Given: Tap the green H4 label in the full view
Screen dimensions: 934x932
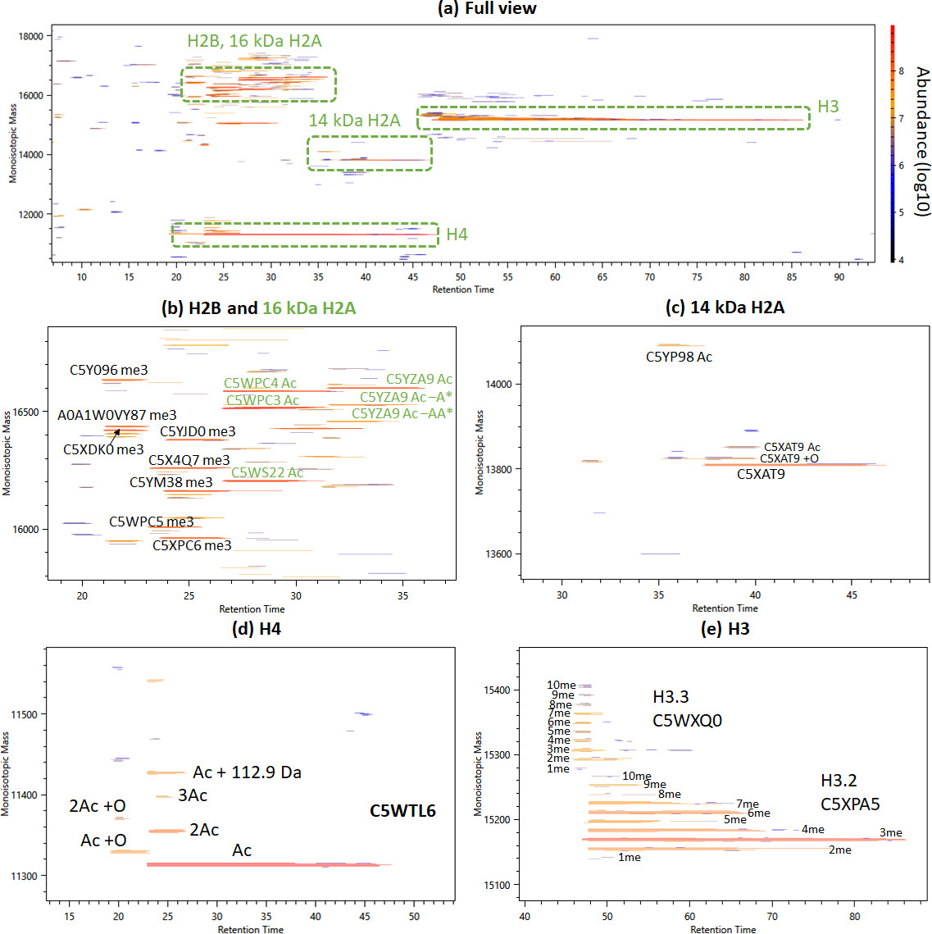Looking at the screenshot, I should tap(457, 235).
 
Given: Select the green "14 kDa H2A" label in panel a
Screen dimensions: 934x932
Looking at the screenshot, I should tap(354, 121).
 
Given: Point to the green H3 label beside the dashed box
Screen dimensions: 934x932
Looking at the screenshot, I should tap(828, 107).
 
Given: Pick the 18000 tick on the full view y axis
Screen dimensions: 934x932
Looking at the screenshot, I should tap(31, 37).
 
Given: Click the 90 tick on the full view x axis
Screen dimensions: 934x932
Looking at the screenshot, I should tap(839, 277).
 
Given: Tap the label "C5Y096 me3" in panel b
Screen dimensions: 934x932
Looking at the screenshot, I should tap(108, 370).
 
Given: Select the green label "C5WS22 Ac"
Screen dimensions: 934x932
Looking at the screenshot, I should tap(267, 472).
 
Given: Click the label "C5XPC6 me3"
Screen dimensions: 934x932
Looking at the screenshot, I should tap(192, 545).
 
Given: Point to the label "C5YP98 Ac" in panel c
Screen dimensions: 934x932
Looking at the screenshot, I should tap(679, 357).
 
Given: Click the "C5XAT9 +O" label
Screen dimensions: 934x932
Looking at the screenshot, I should tap(789, 458).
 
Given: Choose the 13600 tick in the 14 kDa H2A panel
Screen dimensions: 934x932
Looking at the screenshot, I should tap(498, 554).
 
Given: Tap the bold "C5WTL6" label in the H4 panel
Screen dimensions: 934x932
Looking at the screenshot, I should tap(402, 811).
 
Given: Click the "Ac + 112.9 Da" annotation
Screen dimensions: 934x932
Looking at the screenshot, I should tap(247, 772).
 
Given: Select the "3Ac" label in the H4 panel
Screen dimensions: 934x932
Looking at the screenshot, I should tap(193, 795).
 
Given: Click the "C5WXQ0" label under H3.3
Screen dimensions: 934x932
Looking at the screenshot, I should tap(687, 721).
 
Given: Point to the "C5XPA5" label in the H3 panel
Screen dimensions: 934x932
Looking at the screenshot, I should tap(850, 804).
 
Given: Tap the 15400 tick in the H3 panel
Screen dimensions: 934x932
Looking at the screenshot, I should tap(496, 690).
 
